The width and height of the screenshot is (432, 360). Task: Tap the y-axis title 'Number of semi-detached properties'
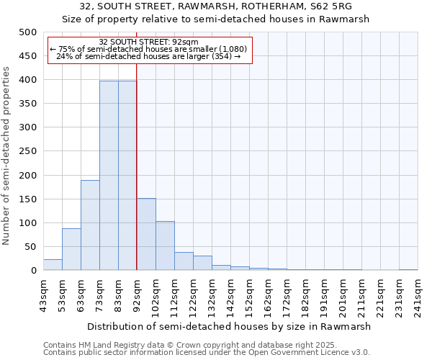(7, 156)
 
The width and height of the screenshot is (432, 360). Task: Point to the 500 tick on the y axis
(27, 32)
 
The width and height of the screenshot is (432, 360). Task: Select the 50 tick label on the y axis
(30, 247)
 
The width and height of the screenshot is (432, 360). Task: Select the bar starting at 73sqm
(109, 176)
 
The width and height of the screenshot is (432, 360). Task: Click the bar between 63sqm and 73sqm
(90, 225)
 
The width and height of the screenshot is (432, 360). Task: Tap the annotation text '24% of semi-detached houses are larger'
(149, 56)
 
